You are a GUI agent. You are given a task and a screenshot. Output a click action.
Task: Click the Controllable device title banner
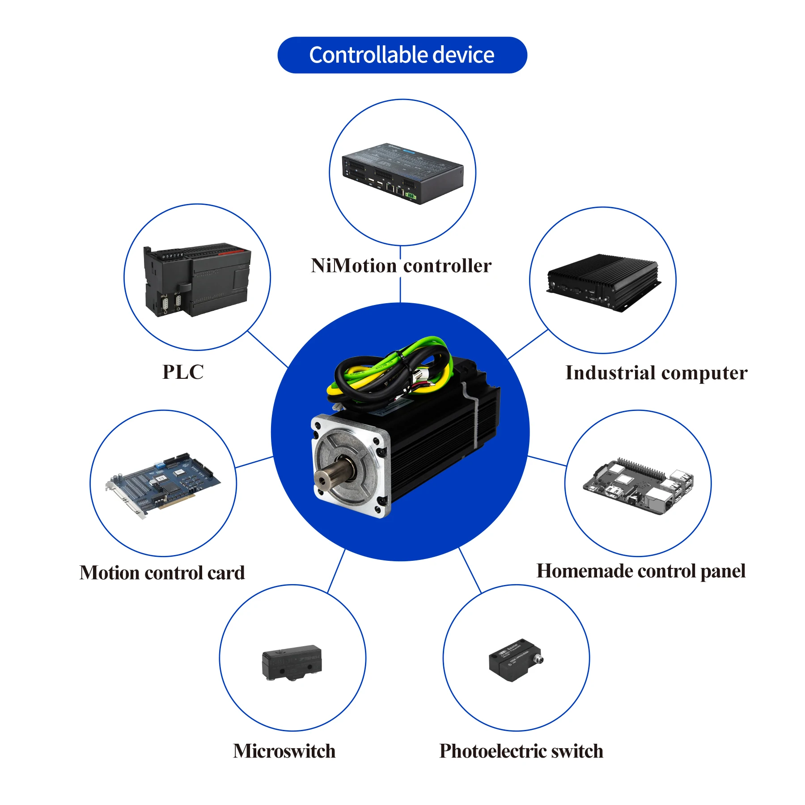(x=402, y=55)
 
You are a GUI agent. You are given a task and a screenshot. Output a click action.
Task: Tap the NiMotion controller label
(x=401, y=266)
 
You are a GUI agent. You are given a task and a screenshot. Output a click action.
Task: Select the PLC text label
(x=182, y=372)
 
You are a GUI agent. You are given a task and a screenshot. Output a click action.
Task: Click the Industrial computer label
(x=656, y=373)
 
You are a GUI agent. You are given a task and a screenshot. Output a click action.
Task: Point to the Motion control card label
(x=162, y=573)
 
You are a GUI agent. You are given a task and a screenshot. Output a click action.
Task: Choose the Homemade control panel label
(x=641, y=571)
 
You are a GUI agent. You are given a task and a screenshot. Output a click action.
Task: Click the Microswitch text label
(x=284, y=751)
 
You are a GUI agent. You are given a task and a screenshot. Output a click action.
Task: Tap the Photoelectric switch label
(x=521, y=751)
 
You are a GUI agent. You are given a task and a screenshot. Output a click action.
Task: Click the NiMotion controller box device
(x=402, y=174)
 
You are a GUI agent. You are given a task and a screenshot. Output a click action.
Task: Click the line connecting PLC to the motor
(x=267, y=349)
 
